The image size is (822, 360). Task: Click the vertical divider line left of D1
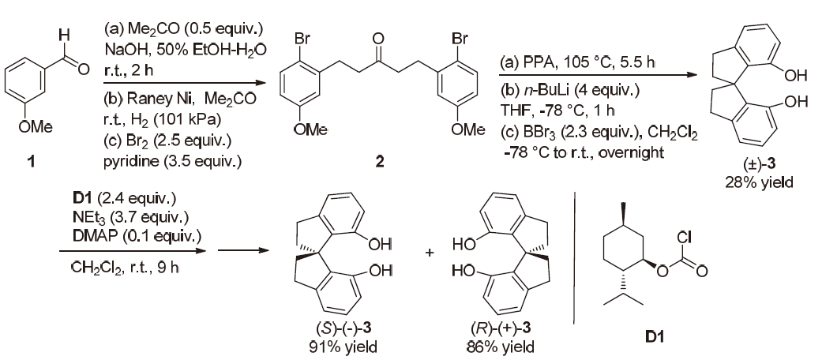pyautogui.click(x=580, y=268)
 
